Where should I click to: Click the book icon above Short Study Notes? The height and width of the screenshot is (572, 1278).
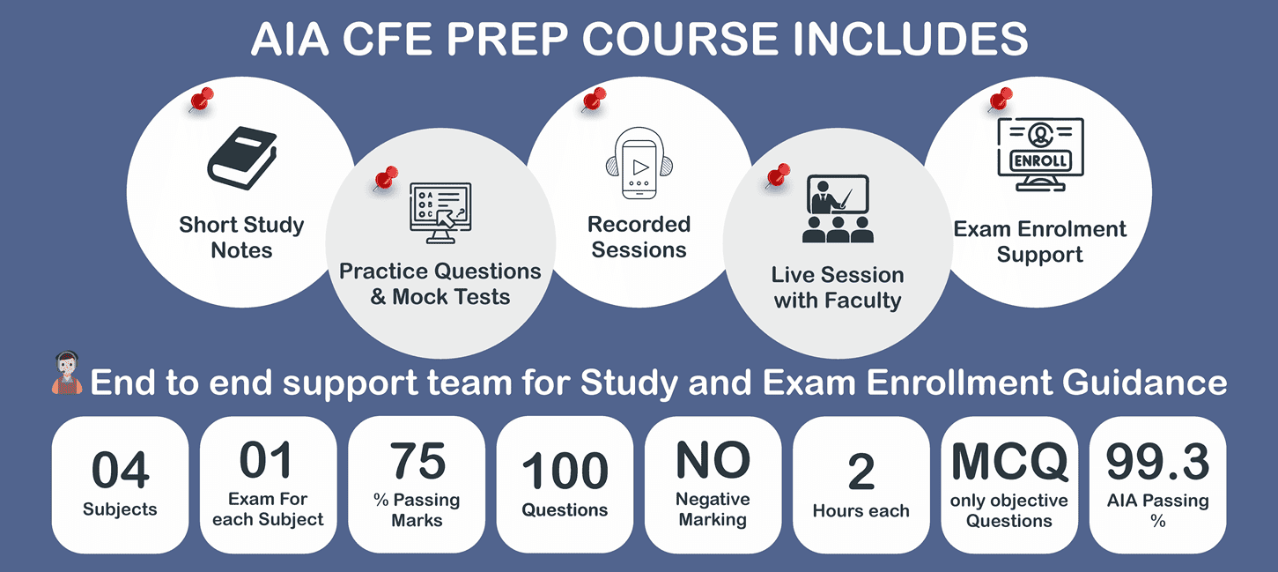click(241, 160)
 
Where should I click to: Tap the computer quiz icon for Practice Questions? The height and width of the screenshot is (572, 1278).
click(440, 212)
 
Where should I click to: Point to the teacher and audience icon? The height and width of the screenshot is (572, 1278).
click(838, 209)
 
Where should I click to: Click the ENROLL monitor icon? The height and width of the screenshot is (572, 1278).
click(1040, 155)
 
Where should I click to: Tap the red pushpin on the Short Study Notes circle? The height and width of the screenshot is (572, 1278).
click(201, 100)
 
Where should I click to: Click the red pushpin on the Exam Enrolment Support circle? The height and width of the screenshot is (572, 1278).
click(1000, 100)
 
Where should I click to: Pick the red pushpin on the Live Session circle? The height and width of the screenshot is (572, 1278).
click(777, 175)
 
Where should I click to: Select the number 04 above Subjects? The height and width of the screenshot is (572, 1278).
click(121, 471)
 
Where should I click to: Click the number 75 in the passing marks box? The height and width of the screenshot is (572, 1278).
click(417, 460)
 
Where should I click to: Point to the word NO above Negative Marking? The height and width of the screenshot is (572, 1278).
click(713, 460)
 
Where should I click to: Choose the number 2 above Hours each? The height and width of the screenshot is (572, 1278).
click(861, 473)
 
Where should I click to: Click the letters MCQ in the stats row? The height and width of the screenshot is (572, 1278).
click(1008, 461)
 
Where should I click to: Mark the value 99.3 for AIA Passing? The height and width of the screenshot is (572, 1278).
click(1157, 461)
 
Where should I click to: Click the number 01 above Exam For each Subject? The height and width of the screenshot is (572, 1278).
click(268, 460)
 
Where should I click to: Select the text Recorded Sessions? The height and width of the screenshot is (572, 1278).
click(639, 237)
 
